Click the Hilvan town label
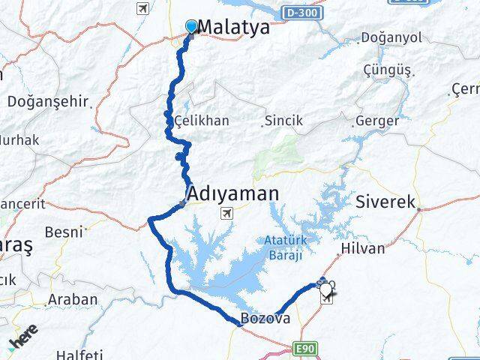coord(362,248)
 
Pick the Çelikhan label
coord(201,120)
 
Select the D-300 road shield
coord(302,13)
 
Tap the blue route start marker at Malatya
coord(192,27)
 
